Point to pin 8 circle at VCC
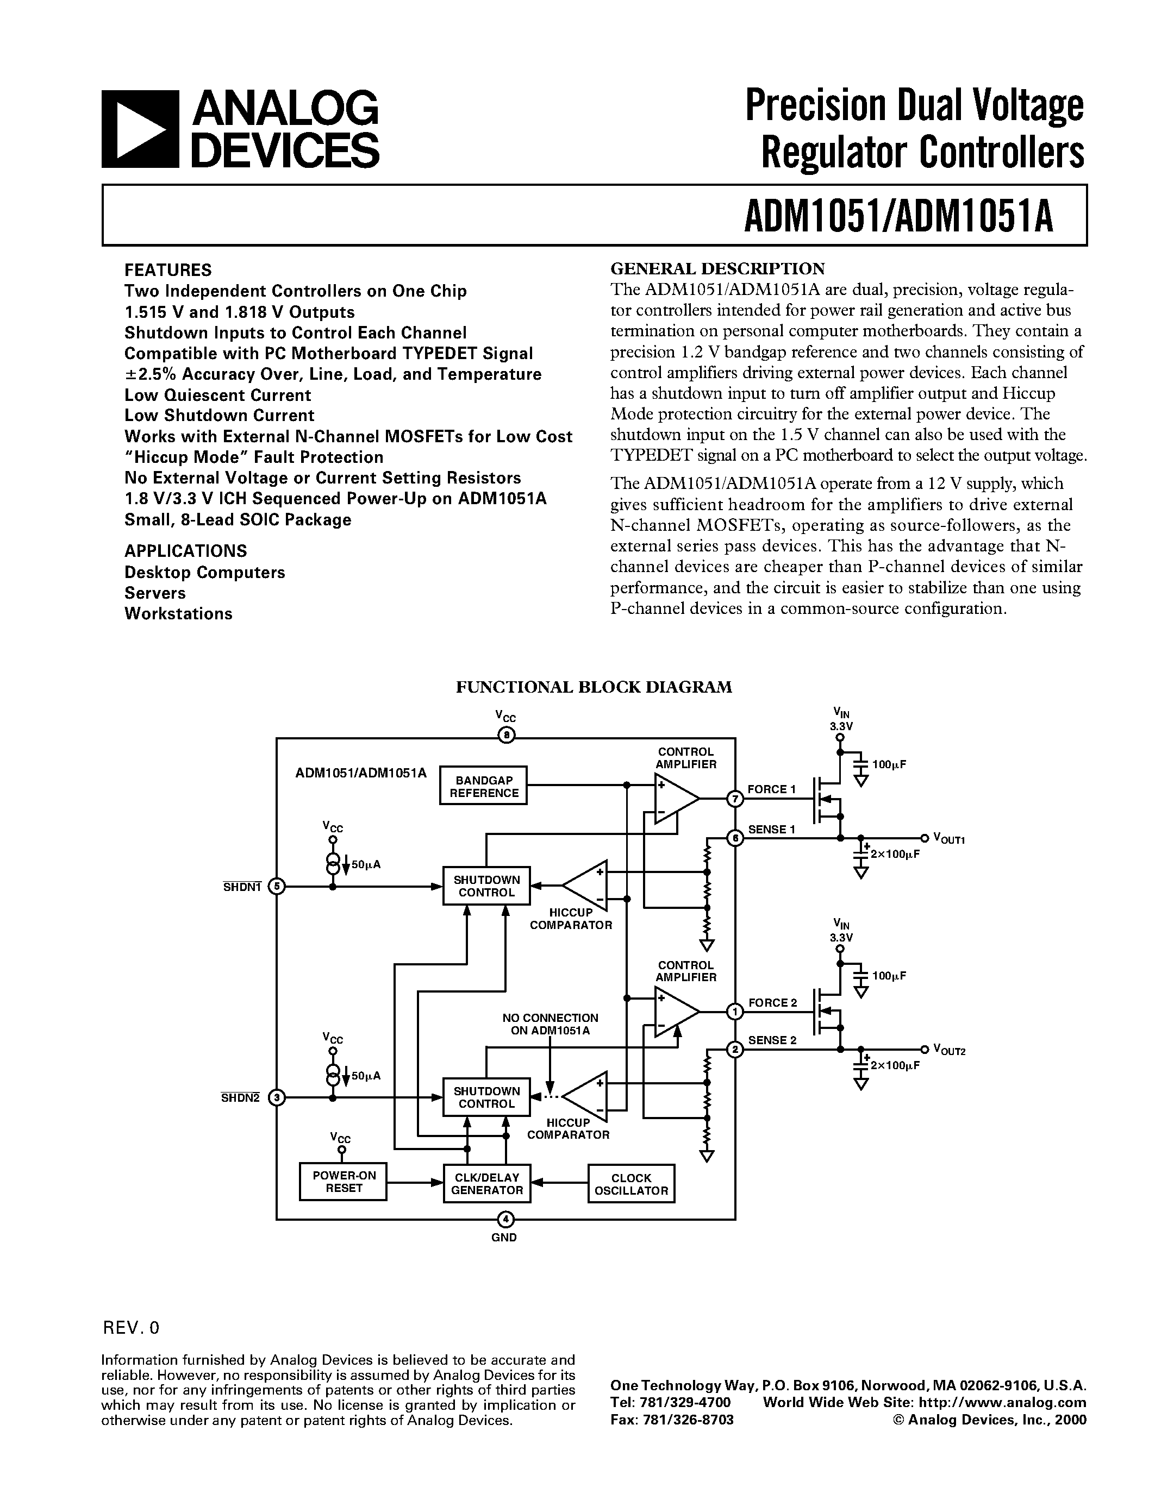tap(505, 736)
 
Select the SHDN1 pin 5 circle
tap(277, 887)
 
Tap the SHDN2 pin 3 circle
tap(277, 1098)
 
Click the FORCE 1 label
tap(771, 789)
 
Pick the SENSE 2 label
tap(772, 1040)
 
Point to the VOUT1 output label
tap(948, 839)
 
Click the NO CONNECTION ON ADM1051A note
tap(550, 1024)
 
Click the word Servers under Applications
tap(155, 593)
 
